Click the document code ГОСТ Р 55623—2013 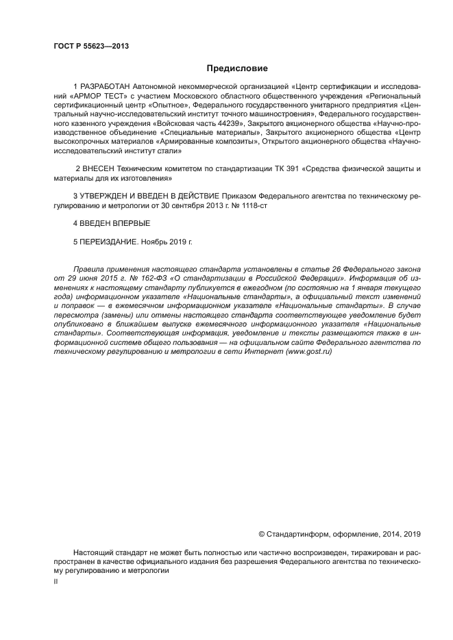(x=90, y=47)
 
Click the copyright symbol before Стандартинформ (x=261, y=534)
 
